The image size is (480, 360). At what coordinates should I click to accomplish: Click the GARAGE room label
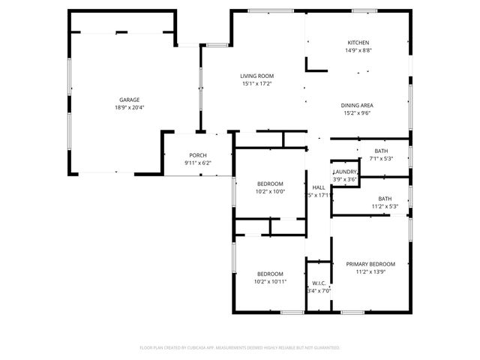point(129,100)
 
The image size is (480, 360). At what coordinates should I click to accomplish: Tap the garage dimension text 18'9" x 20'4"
point(129,107)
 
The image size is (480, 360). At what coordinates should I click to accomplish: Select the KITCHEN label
point(358,43)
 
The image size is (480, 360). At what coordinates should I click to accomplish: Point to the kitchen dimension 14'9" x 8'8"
point(358,50)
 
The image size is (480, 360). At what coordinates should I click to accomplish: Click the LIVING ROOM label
point(256,76)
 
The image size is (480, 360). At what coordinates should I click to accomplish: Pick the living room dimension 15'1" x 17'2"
point(256,83)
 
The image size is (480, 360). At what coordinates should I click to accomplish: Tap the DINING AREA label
point(358,106)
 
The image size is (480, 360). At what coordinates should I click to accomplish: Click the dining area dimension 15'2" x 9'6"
point(358,114)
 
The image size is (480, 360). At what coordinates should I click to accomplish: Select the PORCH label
point(198,155)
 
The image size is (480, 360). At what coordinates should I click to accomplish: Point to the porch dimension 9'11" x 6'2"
point(198,163)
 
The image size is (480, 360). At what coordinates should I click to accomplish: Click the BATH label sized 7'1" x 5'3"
point(381,151)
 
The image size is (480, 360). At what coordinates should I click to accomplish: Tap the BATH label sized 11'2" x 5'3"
point(385,199)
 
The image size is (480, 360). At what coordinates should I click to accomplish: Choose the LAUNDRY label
point(345,172)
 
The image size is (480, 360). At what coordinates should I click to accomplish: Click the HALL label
point(319,187)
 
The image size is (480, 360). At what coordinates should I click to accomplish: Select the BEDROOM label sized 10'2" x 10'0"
point(270,184)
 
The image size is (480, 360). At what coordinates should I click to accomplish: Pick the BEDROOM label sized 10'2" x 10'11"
point(270,273)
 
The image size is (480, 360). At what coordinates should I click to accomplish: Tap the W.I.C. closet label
point(318,283)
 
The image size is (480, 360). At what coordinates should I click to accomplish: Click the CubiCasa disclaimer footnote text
point(240,348)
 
